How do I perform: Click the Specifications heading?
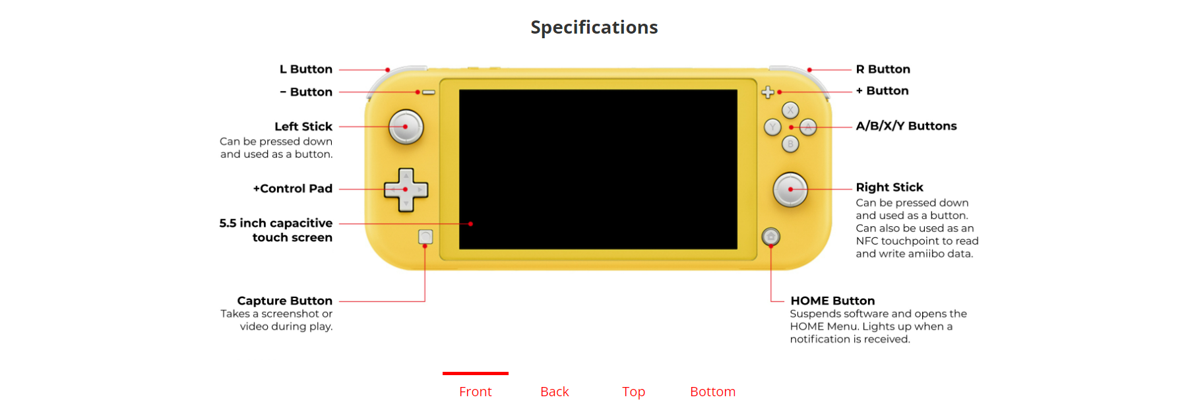point(594,27)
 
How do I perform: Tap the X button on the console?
point(790,110)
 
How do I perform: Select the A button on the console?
point(808,127)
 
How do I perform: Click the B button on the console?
point(790,144)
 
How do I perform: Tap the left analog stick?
point(406,127)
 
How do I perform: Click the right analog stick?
point(790,189)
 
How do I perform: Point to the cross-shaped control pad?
point(406,190)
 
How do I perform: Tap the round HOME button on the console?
point(770,237)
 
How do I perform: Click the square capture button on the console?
point(425,237)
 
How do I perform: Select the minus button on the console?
point(429,92)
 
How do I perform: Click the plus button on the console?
point(768,92)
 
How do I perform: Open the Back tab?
point(555,392)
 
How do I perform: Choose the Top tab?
point(634,392)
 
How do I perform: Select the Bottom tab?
point(713,392)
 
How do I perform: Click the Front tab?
point(476,392)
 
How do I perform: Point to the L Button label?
point(306,69)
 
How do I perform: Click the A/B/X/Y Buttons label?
point(906,126)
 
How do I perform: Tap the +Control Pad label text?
point(293,189)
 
